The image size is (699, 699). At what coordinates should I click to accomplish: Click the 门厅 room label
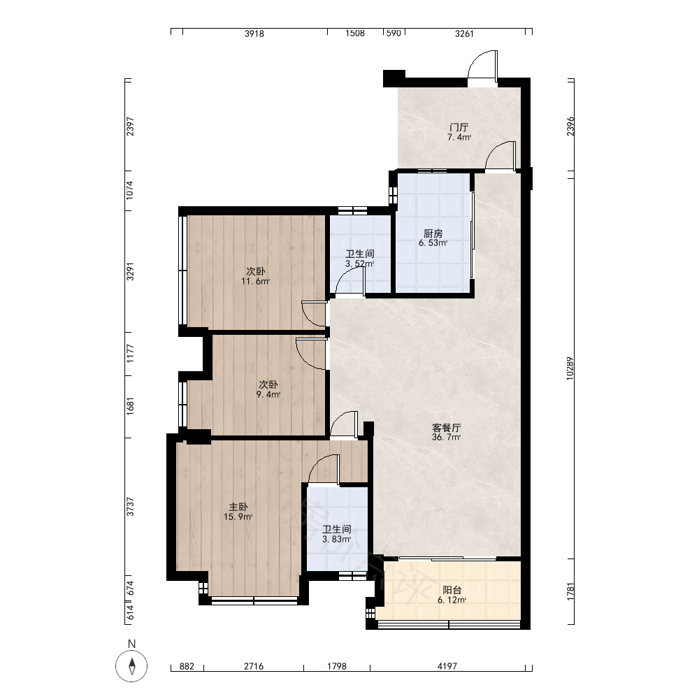pyautogui.click(x=459, y=127)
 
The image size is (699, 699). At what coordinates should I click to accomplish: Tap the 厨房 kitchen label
pyautogui.click(x=433, y=233)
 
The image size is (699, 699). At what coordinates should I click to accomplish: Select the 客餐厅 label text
pyautogui.click(x=446, y=428)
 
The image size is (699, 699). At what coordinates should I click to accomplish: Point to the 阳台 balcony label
pyautogui.click(x=452, y=591)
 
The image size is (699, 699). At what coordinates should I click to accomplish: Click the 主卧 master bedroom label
pyautogui.click(x=238, y=507)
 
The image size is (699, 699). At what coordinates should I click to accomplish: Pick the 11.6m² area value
pyautogui.click(x=255, y=281)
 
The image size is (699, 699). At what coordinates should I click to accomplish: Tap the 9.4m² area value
pyautogui.click(x=268, y=394)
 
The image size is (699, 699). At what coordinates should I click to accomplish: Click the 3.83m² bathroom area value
pyautogui.click(x=337, y=539)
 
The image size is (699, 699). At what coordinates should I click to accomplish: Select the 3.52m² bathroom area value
pyautogui.click(x=360, y=264)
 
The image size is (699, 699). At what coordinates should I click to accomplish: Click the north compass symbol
pyautogui.click(x=131, y=666)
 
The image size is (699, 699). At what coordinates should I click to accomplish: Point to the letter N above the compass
pyautogui.click(x=131, y=644)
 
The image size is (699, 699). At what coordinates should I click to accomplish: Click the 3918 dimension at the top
pyautogui.click(x=254, y=34)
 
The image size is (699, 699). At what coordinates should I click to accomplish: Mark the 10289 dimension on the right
pyautogui.click(x=570, y=368)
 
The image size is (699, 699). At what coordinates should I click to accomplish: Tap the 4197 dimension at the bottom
pyautogui.click(x=447, y=666)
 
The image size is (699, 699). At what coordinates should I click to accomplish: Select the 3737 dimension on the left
pyautogui.click(x=130, y=507)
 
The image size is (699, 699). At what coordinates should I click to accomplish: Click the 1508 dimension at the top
pyautogui.click(x=355, y=34)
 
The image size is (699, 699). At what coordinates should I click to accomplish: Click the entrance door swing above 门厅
pyautogui.click(x=482, y=67)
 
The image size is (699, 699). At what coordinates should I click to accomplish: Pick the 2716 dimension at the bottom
pyautogui.click(x=254, y=666)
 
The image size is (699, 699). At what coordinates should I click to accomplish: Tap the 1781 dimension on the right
pyautogui.click(x=570, y=591)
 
